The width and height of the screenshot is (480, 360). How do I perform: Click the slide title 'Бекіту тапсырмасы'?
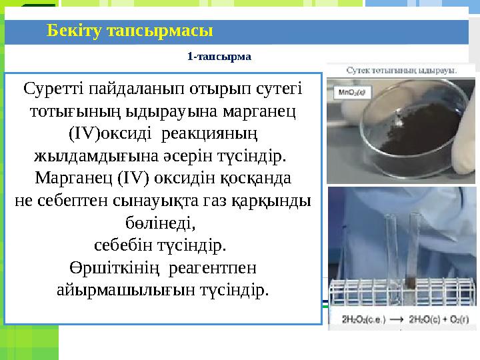click(130, 31)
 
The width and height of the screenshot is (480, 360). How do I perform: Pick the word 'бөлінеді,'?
click(162, 222)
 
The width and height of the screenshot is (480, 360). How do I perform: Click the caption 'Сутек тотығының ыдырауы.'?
click(401, 69)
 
